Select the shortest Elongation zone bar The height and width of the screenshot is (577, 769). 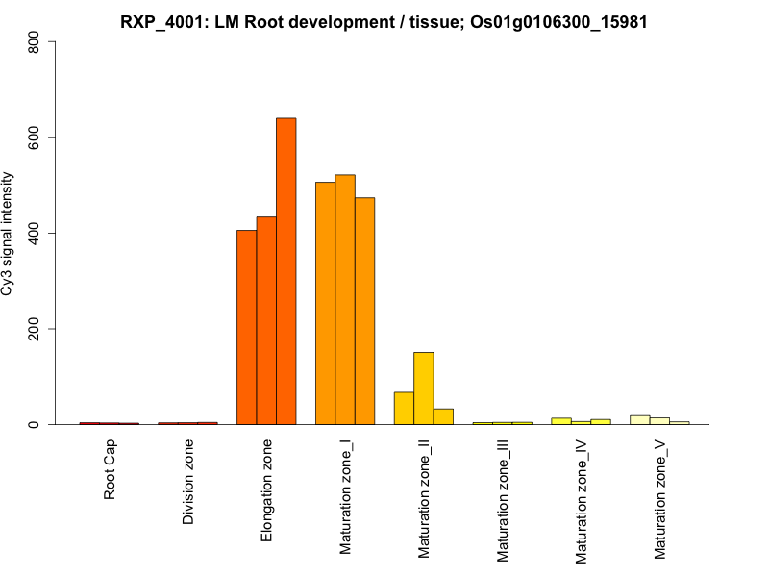pyautogui.click(x=246, y=327)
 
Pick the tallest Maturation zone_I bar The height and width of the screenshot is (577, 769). pyautogui.click(x=345, y=299)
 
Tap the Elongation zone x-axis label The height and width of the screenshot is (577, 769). pyautogui.click(x=266, y=490)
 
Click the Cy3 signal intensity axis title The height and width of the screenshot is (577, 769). pyautogui.click(x=9, y=233)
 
